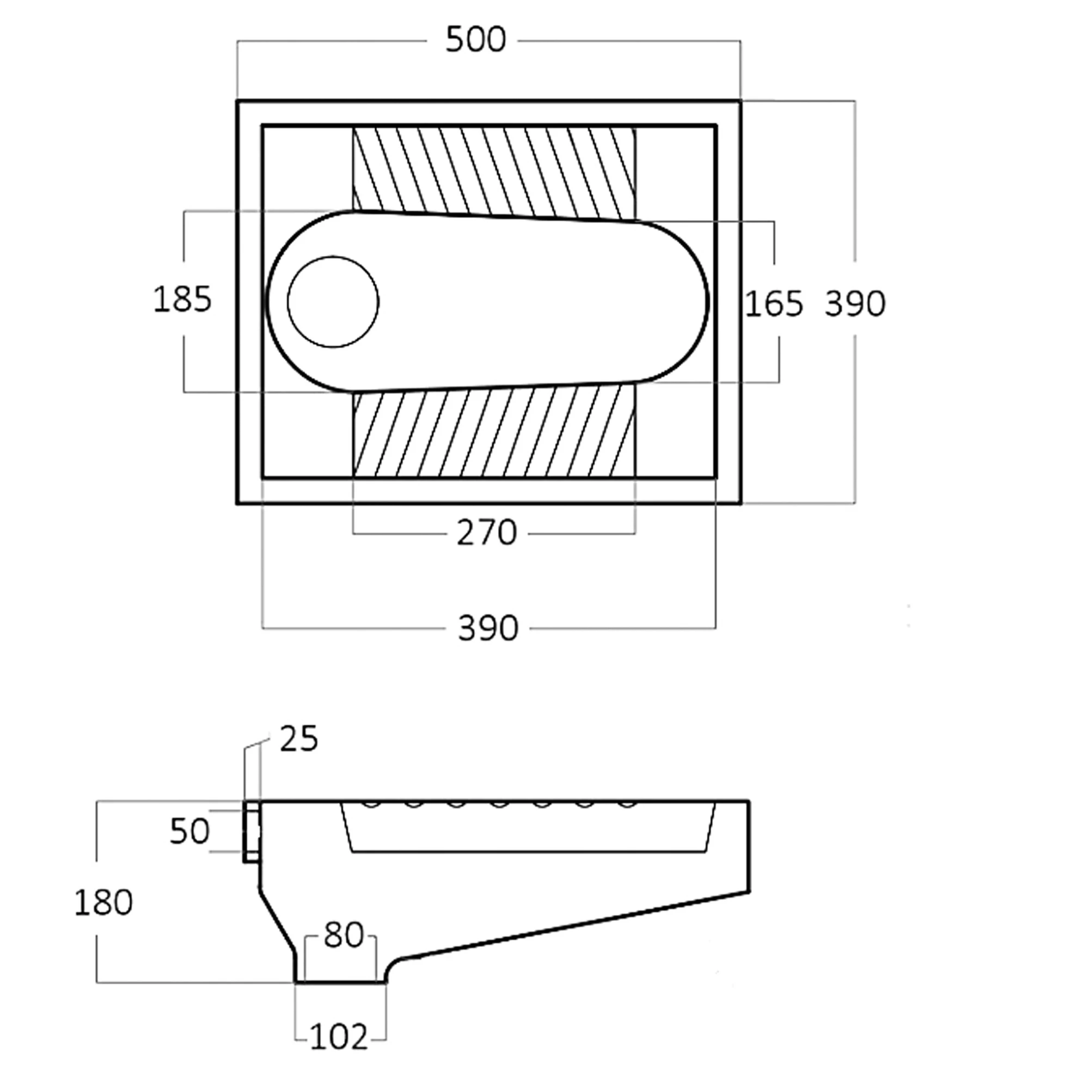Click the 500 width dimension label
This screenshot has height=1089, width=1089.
476,41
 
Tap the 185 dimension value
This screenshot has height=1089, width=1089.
182,299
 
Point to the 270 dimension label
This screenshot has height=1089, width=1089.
486,533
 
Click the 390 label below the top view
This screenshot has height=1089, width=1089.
487,628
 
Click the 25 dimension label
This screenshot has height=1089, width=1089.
299,739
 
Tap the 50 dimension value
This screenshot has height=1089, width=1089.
189,831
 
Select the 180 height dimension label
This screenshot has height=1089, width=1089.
103,902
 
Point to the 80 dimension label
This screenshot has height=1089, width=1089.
343,935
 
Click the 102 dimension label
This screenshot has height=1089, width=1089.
339,1036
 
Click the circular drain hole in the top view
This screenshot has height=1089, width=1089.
333,302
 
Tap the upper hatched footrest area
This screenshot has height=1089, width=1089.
493,169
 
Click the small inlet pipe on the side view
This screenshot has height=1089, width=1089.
252,831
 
